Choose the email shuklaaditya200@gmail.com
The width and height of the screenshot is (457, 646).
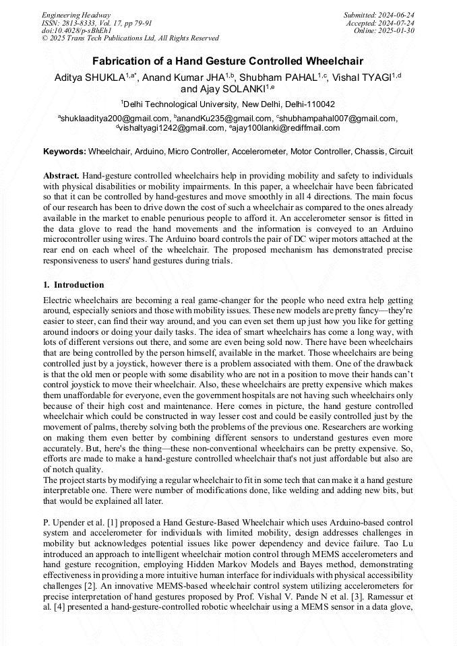115,119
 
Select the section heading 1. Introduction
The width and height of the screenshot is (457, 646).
73,285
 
